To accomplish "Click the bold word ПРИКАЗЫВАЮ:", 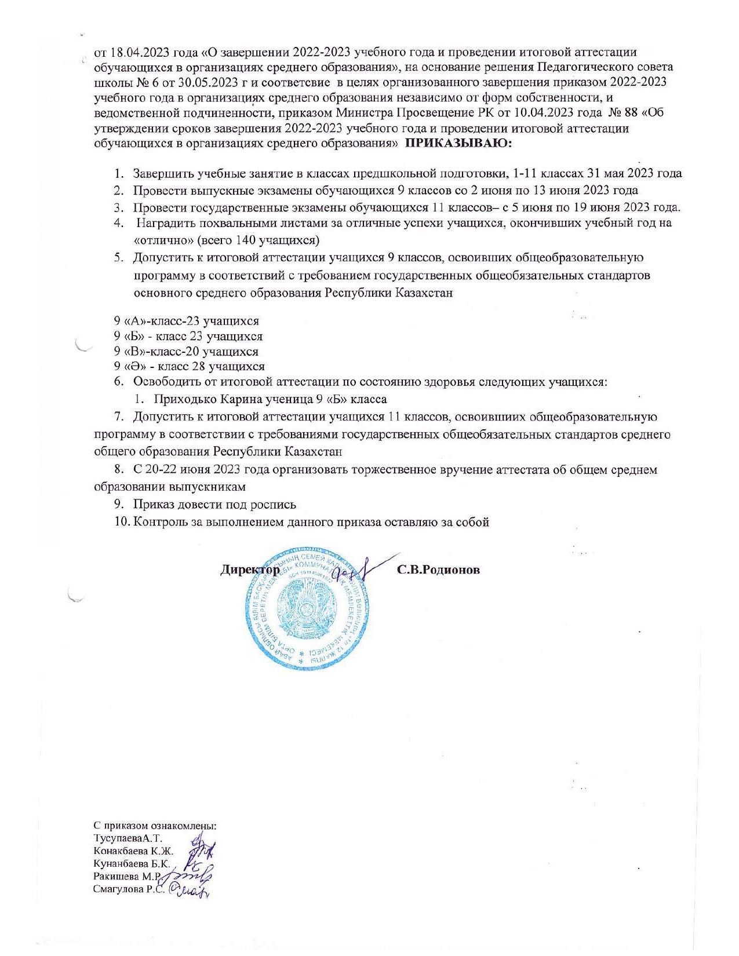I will click(458, 143).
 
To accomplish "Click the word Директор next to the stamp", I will click(250, 570).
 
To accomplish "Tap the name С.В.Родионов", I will click(438, 570).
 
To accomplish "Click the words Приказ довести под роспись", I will click(214, 505).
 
